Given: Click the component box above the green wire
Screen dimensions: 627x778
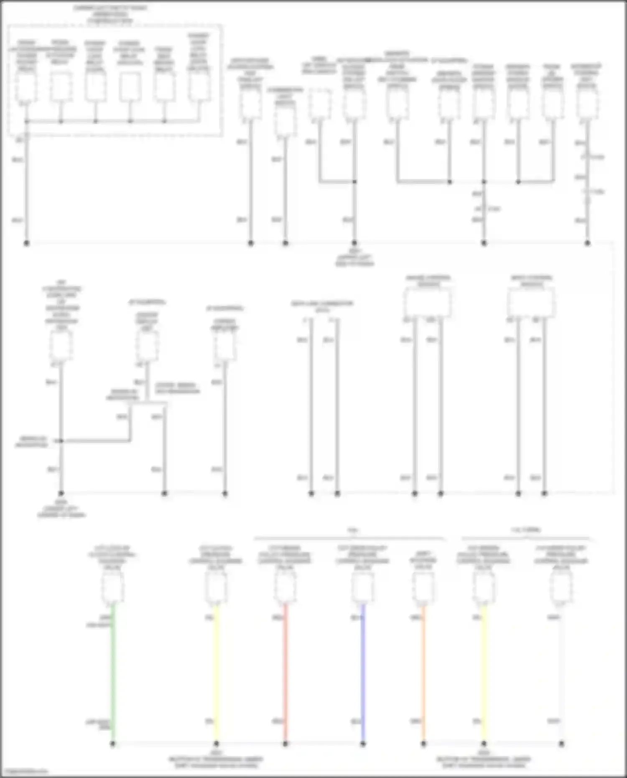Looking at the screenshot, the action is point(113,587).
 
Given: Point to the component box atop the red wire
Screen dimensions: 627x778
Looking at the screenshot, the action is point(285,587).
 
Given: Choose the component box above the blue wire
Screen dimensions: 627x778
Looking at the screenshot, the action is point(363,587).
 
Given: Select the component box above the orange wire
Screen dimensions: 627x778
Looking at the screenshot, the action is point(423,587).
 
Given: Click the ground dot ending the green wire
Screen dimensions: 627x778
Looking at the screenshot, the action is point(113,744).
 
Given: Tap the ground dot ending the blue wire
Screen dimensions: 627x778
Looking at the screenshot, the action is point(363,744).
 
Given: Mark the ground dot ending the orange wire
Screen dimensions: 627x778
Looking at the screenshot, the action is point(423,744).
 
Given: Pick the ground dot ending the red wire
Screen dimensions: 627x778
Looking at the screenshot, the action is point(285,744).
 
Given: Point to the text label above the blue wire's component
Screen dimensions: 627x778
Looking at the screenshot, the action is point(362,558).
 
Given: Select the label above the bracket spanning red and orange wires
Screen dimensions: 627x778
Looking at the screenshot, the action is point(353,530).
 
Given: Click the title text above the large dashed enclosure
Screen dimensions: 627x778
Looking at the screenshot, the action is point(110,14).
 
